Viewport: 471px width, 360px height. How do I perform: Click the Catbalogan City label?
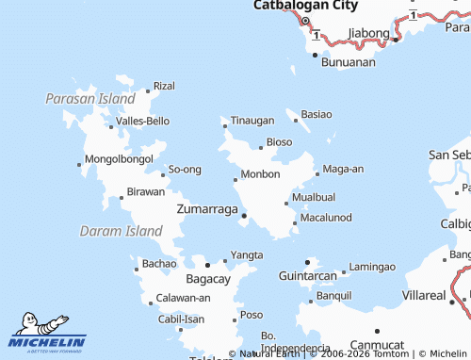coord(305,6)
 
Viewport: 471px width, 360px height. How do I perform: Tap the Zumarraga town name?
coord(206,209)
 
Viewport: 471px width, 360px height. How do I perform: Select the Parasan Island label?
coord(90,98)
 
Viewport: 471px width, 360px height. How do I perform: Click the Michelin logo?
coord(47,333)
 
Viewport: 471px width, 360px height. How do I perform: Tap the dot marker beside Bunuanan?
coord(316,55)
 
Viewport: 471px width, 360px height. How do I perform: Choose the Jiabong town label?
coord(368,33)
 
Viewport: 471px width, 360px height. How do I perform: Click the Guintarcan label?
coord(307,276)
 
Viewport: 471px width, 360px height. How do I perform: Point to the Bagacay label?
coord(208,280)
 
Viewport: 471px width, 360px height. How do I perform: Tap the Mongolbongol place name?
coord(119,159)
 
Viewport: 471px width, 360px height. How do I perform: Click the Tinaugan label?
coord(252,121)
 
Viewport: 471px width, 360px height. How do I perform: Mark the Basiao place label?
coord(316,114)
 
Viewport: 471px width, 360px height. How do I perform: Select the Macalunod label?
coord(326,218)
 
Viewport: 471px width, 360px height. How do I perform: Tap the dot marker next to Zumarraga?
coord(245,216)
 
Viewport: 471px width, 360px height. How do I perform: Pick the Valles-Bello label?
coord(142,122)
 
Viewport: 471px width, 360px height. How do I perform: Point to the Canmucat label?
coord(376,345)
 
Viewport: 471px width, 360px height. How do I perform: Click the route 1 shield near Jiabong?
coord(317,36)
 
